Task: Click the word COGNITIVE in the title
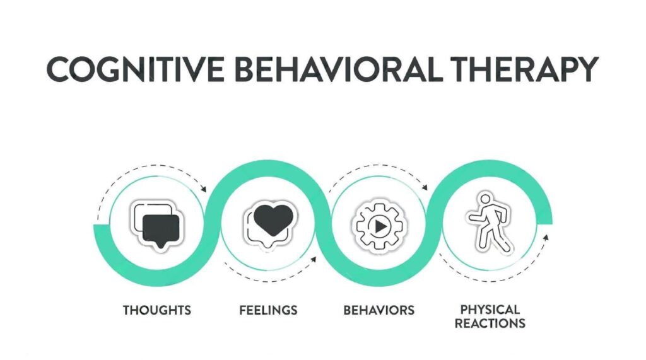click(136, 69)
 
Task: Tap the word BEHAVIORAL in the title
click(339, 69)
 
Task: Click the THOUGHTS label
click(157, 310)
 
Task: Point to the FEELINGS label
click(268, 310)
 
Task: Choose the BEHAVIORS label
click(379, 310)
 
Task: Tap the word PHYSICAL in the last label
click(490, 310)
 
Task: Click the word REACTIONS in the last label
click(490, 323)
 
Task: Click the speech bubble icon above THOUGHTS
click(157, 225)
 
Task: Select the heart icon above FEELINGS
click(272, 221)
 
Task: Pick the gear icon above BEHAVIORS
click(379, 226)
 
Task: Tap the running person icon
click(490, 223)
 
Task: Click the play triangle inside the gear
click(380, 226)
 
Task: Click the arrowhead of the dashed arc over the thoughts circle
click(203, 189)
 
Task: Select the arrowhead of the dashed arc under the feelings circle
click(314, 260)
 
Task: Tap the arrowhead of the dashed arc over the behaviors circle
click(425, 187)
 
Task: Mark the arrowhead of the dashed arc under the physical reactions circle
click(546, 237)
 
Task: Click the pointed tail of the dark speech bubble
click(161, 247)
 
